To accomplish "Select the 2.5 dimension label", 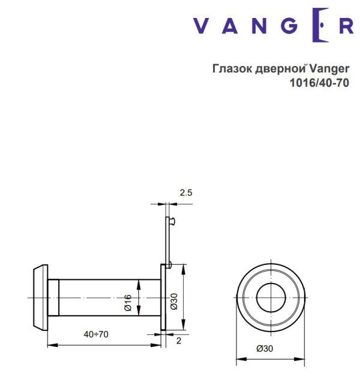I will [x=186, y=192].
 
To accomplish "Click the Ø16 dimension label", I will [x=128, y=302].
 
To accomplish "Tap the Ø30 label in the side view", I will [x=173, y=302].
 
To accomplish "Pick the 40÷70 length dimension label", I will [x=97, y=334].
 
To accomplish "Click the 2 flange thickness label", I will [x=179, y=340].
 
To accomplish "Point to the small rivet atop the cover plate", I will [x=173, y=221].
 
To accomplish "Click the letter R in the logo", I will [x=346, y=26].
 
